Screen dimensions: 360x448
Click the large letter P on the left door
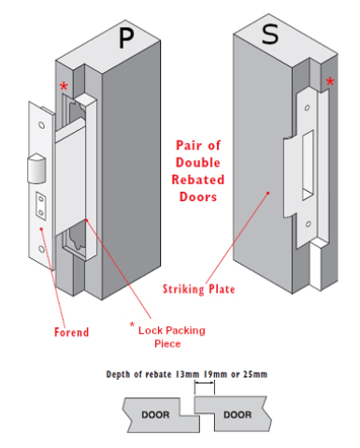(x=126, y=37)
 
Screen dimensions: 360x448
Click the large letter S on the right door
(x=270, y=34)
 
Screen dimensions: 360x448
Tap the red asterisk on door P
(x=64, y=86)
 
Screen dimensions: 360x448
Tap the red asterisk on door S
(x=330, y=81)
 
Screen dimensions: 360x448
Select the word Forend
(x=71, y=332)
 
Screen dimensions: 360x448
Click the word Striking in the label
(x=183, y=289)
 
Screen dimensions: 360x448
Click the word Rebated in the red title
(x=198, y=180)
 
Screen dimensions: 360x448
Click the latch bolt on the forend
(x=36, y=168)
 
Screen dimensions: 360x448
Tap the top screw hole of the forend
(x=41, y=125)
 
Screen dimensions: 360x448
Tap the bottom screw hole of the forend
(x=41, y=249)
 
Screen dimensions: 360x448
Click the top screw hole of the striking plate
(x=307, y=108)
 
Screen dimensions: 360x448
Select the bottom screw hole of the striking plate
(x=308, y=224)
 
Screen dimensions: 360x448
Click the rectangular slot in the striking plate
(x=308, y=166)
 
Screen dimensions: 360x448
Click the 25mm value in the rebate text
(x=255, y=374)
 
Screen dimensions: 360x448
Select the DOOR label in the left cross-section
(x=155, y=415)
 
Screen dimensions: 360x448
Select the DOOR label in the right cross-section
(x=238, y=414)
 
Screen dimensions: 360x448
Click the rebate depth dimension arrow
(x=205, y=383)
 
